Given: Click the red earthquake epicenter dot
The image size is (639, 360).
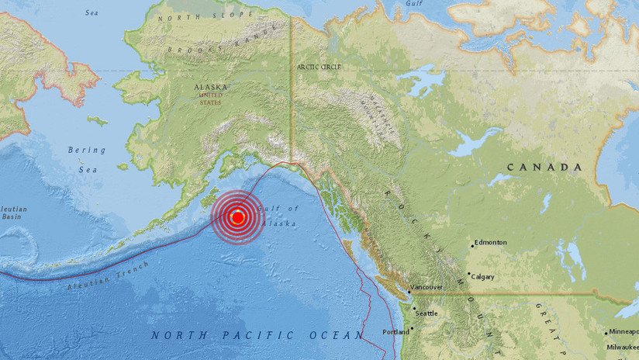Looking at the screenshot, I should point(238,218).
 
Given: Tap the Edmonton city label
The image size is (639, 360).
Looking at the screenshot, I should point(491,242).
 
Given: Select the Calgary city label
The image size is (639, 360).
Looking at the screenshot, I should point(483,276).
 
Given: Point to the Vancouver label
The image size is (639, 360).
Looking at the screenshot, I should point(427,287).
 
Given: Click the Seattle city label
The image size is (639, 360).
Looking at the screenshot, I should point(427,313).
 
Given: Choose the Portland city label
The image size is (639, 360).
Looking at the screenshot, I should point(395,332).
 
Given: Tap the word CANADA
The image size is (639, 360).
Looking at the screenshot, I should point(544,167).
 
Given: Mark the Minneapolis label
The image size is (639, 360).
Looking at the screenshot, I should point(624,332).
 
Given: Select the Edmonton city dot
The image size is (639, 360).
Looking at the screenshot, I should point(471,246).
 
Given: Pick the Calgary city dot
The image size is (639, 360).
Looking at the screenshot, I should point(468,274).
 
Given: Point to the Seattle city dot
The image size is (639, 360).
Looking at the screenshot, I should point(413,310).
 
